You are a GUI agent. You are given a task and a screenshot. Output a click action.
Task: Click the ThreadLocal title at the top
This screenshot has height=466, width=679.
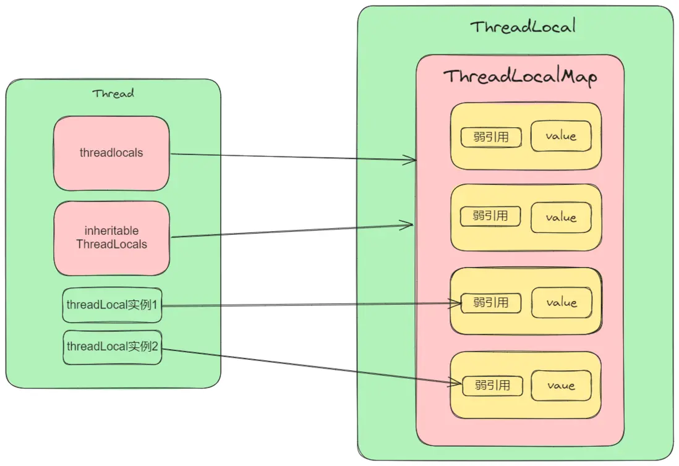pyautogui.click(x=523, y=27)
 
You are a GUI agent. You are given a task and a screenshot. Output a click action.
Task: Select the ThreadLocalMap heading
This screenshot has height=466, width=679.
pyautogui.click(x=519, y=77)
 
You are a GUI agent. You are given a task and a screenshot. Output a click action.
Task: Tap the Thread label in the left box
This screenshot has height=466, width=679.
pyautogui.click(x=113, y=94)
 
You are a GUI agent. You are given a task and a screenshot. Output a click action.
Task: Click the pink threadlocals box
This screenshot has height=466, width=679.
pyautogui.click(x=111, y=153)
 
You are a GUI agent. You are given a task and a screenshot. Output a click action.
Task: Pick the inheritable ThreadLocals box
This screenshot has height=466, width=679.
pyautogui.click(x=111, y=238)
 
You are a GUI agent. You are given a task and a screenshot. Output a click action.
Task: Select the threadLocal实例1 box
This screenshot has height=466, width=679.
pyautogui.click(x=112, y=305)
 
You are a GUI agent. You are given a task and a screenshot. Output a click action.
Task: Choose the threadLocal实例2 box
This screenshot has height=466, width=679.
pyautogui.click(x=112, y=347)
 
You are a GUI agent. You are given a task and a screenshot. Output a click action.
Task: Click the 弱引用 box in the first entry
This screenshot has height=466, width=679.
pyautogui.click(x=491, y=137)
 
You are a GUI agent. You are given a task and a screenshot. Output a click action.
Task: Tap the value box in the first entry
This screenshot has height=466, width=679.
pyautogui.click(x=561, y=136)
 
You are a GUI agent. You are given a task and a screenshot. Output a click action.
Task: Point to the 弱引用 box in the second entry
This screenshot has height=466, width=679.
pyautogui.click(x=491, y=216)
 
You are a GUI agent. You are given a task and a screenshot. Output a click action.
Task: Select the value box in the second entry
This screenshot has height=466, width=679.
pyautogui.click(x=561, y=218)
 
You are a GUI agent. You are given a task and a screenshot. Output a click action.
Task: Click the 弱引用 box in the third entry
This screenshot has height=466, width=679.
pyautogui.click(x=491, y=303)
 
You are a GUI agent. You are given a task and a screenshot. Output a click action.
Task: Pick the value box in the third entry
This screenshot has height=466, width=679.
pyautogui.click(x=562, y=303)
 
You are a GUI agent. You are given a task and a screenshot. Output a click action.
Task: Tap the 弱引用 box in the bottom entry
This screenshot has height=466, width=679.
pyautogui.click(x=492, y=386)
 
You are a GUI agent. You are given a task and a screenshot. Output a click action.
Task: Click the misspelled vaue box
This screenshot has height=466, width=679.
pyautogui.click(x=561, y=386)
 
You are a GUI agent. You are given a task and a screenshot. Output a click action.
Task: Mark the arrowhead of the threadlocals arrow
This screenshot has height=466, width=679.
pyautogui.click(x=412, y=160)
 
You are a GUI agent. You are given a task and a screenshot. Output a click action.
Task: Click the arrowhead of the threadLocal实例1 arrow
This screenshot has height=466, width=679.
pyautogui.click(x=458, y=303)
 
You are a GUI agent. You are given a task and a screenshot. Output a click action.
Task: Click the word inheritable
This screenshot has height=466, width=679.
pyautogui.click(x=111, y=231)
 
